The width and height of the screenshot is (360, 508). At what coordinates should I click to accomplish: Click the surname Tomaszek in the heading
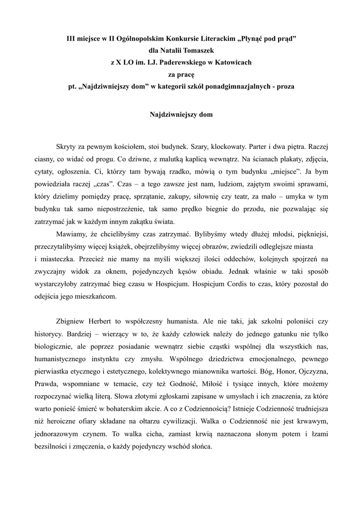click(x=196, y=50)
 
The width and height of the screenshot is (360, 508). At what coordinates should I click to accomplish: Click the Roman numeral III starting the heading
click(x=72, y=38)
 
